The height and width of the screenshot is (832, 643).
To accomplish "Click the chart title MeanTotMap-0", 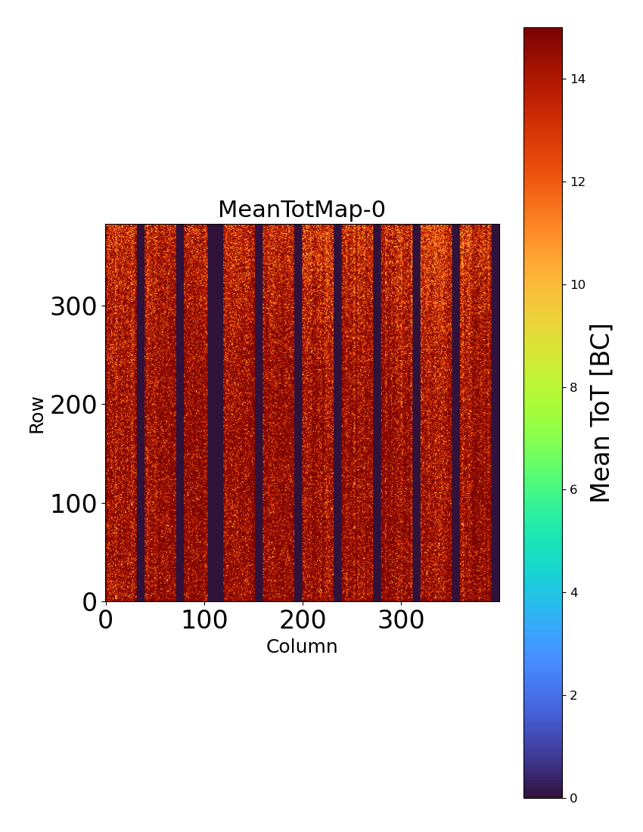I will tap(302, 210).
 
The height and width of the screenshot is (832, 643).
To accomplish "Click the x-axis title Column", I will tap(302, 647).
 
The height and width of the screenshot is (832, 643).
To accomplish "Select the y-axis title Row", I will tap(36, 414).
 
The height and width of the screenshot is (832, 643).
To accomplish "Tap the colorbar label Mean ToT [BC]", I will tap(601, 413).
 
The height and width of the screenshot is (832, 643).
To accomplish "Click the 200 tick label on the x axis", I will tap(303, 620).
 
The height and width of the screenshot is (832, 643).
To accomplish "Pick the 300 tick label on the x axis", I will tap(401, 620).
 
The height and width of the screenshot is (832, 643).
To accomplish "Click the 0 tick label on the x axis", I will tap(106, 620).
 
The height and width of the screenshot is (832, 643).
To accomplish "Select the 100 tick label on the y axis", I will tap(73, 504).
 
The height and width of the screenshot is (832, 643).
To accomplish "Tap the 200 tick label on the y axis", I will tap(73, 405).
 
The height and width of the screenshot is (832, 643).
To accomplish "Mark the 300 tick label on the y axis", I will tap(73, 307).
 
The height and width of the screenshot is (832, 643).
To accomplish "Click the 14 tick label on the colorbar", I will tap(579, 79).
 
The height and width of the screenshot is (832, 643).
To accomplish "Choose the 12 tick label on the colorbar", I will tap(579, 182).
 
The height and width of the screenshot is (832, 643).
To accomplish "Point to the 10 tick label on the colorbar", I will tap(579, 284).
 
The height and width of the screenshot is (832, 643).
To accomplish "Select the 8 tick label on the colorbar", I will tap(575, 387).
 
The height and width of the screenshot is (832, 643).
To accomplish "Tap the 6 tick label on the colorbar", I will tap(575, 489).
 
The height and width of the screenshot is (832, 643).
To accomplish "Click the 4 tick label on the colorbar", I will tap(575, 592).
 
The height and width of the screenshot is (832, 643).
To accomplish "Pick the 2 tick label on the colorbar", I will tap(575, 695).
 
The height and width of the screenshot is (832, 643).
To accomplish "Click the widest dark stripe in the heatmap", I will tap(216, 412).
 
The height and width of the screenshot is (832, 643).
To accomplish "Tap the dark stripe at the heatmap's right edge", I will tap(495, 412).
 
